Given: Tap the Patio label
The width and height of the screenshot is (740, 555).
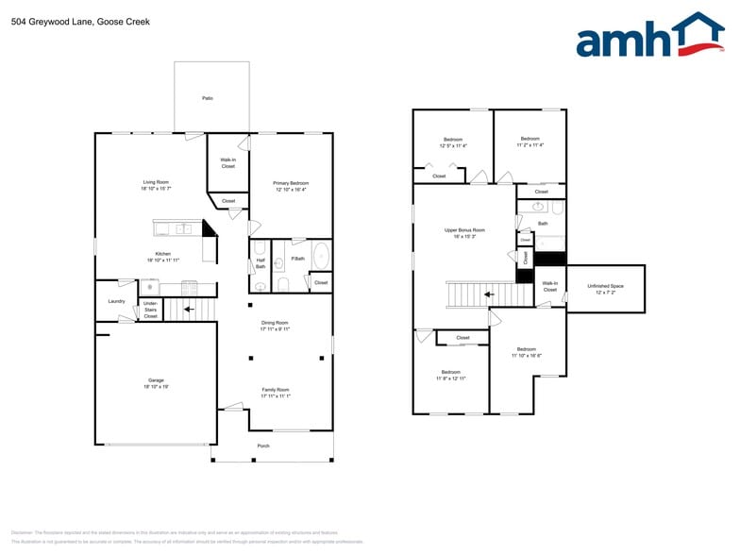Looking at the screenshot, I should pos(207,98).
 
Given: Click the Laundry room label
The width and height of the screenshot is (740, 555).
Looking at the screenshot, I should pos(116,301).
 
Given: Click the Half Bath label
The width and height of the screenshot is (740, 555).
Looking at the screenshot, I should pos(261,264).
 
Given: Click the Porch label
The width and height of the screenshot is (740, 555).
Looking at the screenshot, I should pos(263,446).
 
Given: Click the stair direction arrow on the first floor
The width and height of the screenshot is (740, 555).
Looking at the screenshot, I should pos(188,308).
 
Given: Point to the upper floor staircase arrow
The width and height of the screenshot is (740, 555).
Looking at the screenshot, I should pos(489,294).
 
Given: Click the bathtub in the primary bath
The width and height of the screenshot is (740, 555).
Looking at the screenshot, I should pos(321,257).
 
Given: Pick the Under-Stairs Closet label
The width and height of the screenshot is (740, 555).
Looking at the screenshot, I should pos(150,310).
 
